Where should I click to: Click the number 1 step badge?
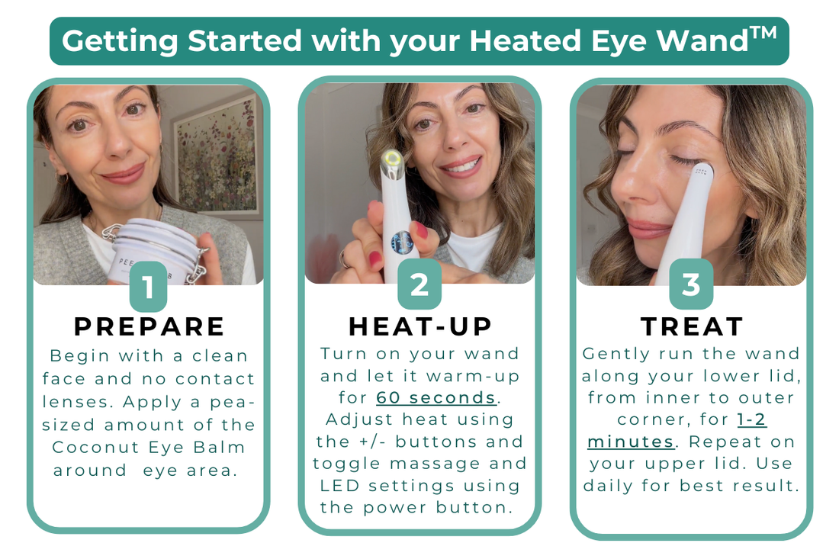pyautogui.click(x=148, y=287)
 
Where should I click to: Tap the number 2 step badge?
pyautogui.click(x=419, y=284)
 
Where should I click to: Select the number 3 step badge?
pyautogui.click(x=691, y=284)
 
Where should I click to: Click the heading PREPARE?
pyautogui.click(x=149, y=326)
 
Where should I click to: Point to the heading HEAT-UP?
pyautogui.click(x=420, y=326)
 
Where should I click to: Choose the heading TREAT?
pyautogui.click(x=692, y=326)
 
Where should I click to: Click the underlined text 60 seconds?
pyautogui.click(x=436, y=397)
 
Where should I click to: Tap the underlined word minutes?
pyautogui.click(x=630, y=442)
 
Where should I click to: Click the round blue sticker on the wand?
pyautogui.click(x=403, y=243)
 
